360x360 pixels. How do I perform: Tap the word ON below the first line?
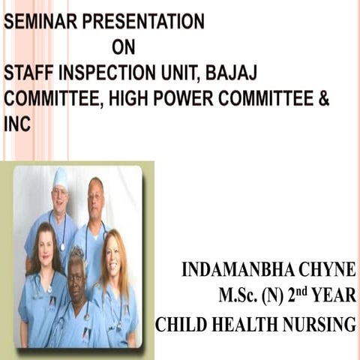123,48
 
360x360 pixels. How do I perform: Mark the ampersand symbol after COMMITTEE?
323,99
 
